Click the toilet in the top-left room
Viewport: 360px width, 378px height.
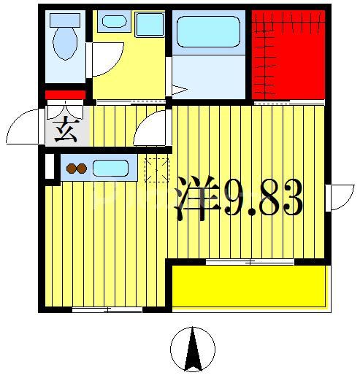pyautogui.click(x=65, y=42)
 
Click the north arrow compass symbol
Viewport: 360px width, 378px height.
pyautogui.click(x=193, y=350)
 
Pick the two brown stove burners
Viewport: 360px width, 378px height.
pyautogui.click(x=77, y=169)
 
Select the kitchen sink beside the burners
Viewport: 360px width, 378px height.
pyautogui.click(x=110, y=169)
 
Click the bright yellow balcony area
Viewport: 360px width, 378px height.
pyautogui.click(x=248, y=286)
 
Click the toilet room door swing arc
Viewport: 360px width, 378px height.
pyautogui.click(x=107, y=60)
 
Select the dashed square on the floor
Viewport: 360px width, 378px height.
pyautogui.click(x=156, y=169)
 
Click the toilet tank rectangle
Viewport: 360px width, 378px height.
pyautogui.click(x=64, y=20)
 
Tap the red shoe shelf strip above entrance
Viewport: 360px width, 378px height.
pyautogui.click(x=66, y=95)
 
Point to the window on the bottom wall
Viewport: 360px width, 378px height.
pyautogui.click(x=107, y=310)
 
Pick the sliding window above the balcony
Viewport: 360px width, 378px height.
pyautogui.click(x=249, y=261)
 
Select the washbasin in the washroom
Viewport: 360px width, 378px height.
pyautogui.click(x=114, y=21)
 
